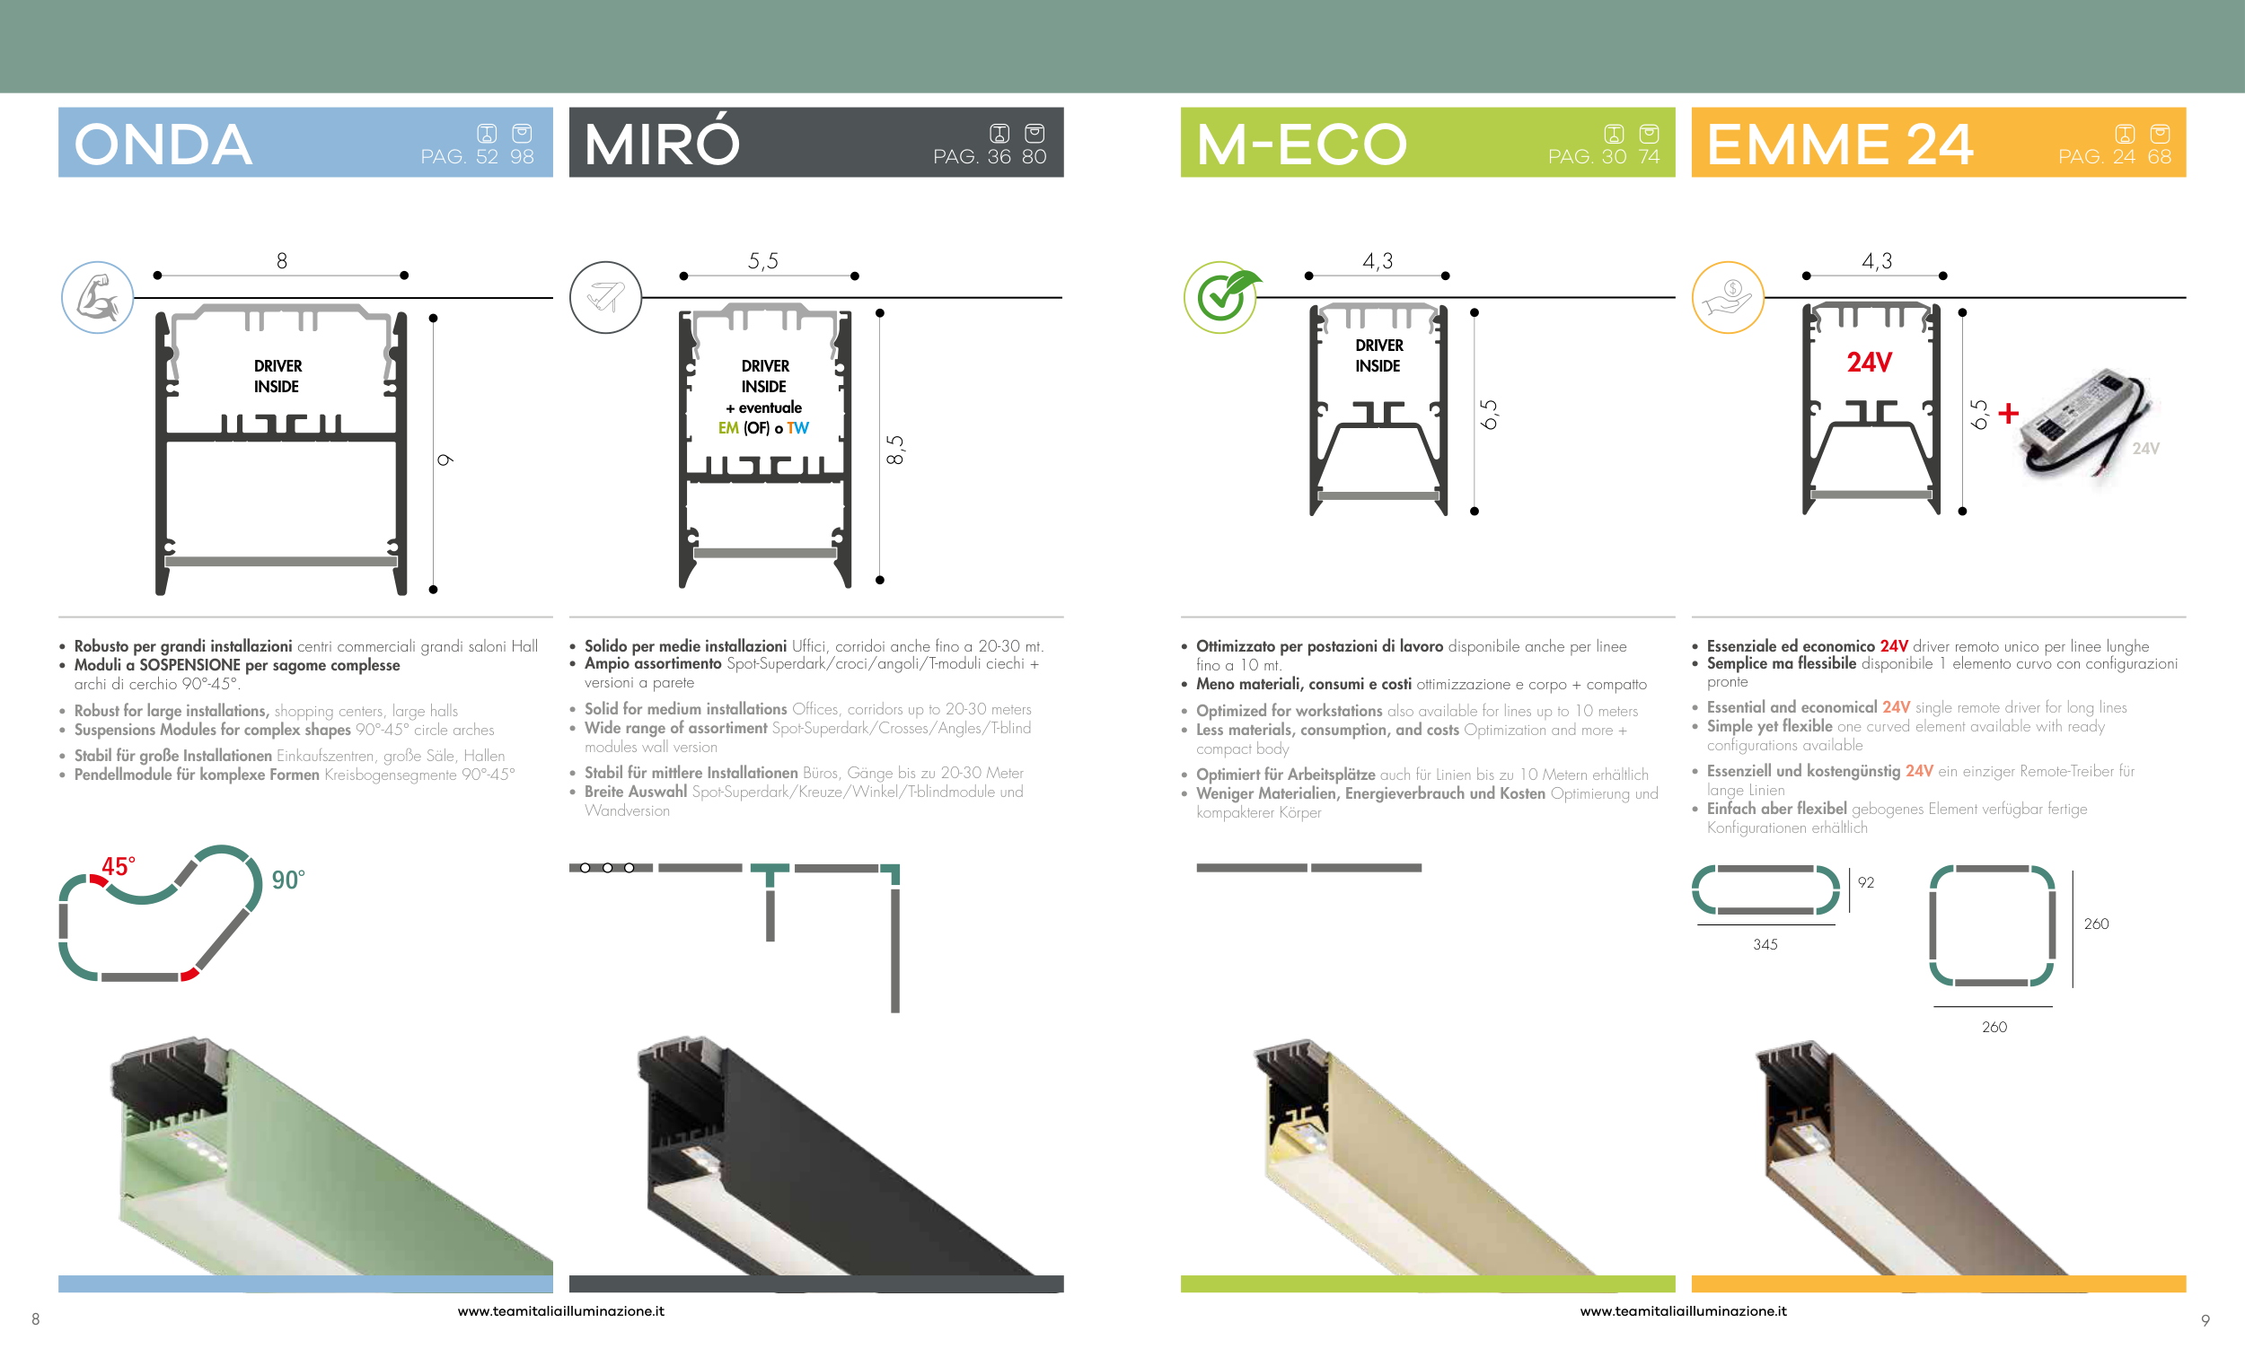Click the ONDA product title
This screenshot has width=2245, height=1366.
point(163,144)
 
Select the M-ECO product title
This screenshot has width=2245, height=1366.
point(1302,144)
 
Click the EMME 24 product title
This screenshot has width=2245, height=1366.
point(1841,144)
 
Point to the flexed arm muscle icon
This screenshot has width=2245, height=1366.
point(98,297)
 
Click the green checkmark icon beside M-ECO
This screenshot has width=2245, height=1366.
point(1222,297)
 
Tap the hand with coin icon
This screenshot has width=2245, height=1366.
point(1728,297)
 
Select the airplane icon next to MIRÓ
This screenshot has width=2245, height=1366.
point(606,297)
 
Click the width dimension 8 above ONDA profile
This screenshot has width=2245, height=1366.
point(282,261)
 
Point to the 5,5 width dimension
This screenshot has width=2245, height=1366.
point(763,261)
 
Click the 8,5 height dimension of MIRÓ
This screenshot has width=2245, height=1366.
point(894,450)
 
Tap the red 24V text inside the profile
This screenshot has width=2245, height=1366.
point(1870,363)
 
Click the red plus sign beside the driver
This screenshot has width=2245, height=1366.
point(2008,414)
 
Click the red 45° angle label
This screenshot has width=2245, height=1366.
point(119,866)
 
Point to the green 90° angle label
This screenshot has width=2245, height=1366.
point(288,880)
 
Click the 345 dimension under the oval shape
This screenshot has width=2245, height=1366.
point(1765,944)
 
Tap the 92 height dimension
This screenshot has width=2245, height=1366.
point(1866,882)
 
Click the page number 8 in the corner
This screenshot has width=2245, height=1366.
point(36,1318)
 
